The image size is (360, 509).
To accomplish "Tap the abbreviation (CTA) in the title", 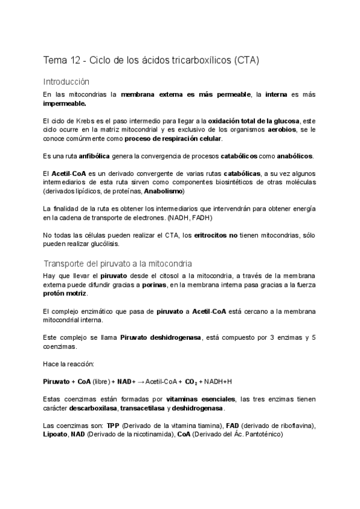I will (244, 61).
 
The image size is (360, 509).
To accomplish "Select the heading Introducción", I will (66, 81).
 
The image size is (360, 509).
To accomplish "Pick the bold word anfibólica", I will (94, 156).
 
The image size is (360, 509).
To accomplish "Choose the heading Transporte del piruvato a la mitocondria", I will (118, 264).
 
